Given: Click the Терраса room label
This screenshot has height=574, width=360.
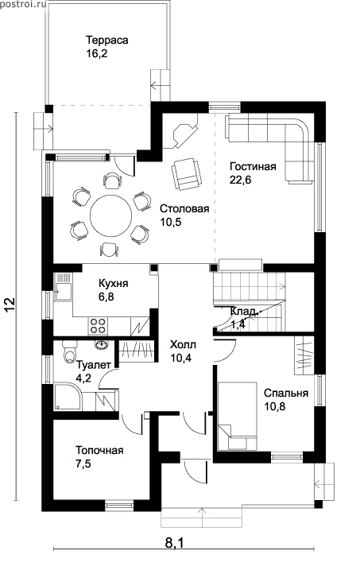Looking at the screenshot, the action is coord(106,40).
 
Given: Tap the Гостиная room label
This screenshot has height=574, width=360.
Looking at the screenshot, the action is coord(253,167).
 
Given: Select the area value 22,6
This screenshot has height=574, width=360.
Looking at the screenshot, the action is coord(241,180).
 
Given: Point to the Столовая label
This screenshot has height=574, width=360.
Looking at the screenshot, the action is coord(184,208).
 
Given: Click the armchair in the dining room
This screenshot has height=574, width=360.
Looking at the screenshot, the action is coord(186,173).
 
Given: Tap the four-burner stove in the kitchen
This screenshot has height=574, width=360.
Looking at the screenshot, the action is coord(98,325).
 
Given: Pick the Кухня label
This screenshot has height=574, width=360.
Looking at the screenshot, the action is coord(113,284).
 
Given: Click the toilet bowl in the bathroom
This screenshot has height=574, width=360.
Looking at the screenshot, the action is coord(69,351).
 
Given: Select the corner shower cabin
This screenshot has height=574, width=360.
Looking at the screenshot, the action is coord(68,397).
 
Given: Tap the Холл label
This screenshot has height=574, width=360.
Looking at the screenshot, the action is coord(183,344).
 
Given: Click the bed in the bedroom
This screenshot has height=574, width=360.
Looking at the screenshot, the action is coord(237,416).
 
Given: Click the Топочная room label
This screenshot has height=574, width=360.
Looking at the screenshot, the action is coord(99,450).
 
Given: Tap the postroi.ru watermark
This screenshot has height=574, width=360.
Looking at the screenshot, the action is coord(23,5).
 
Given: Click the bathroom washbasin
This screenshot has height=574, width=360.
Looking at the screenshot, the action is coord(102,343).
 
